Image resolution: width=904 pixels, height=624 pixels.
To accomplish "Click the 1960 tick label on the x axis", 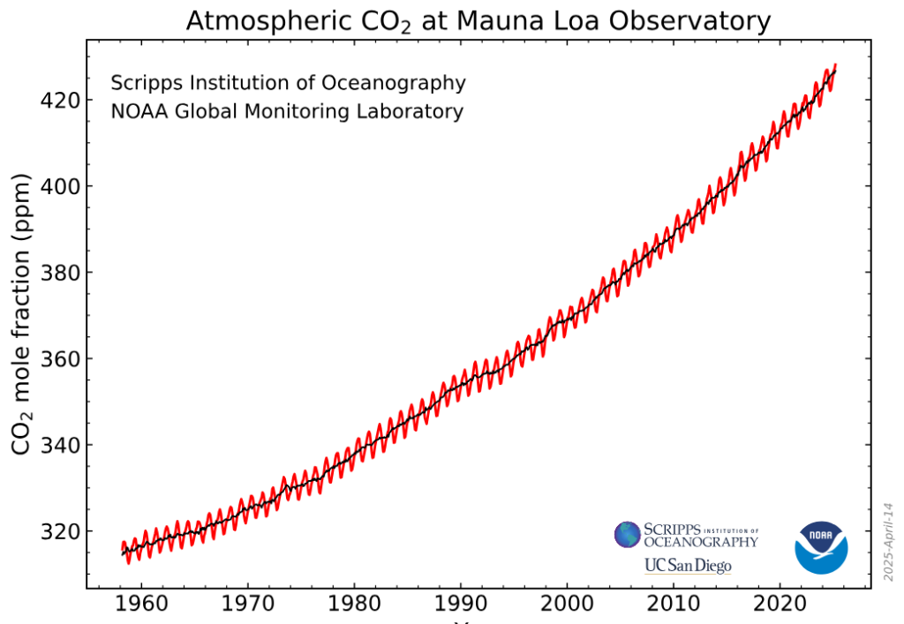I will click(x=141, y=609).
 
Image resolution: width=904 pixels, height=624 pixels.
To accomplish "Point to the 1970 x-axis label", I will click(x=247, y=609).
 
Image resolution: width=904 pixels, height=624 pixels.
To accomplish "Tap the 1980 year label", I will click(x=354, y=609).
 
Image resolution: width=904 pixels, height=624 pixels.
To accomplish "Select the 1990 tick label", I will click(x=460, y=609).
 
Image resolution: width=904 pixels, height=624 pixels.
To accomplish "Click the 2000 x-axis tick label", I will click(x=567, y=609).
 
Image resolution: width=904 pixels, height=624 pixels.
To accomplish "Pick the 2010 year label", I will click(x=673, y=609).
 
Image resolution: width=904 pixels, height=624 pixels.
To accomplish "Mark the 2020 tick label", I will click(x=780, y=609).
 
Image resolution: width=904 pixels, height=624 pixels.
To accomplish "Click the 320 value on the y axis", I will click(x=59, y=531).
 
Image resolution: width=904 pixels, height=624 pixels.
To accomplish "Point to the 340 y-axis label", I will click(x=59, y=445).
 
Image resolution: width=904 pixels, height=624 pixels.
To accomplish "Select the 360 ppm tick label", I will click(x=59, y=359).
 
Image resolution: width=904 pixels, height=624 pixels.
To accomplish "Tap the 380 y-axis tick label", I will click(x=59, y=273).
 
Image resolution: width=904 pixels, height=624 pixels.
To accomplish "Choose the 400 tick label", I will click(x=59, y=186).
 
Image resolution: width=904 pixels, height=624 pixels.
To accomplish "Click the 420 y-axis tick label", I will click(x=59, y=100).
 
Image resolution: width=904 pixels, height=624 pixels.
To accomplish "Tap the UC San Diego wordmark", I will click(x=688, y=565).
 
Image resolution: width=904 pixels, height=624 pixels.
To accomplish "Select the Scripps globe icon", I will click(x=628, y=534).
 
